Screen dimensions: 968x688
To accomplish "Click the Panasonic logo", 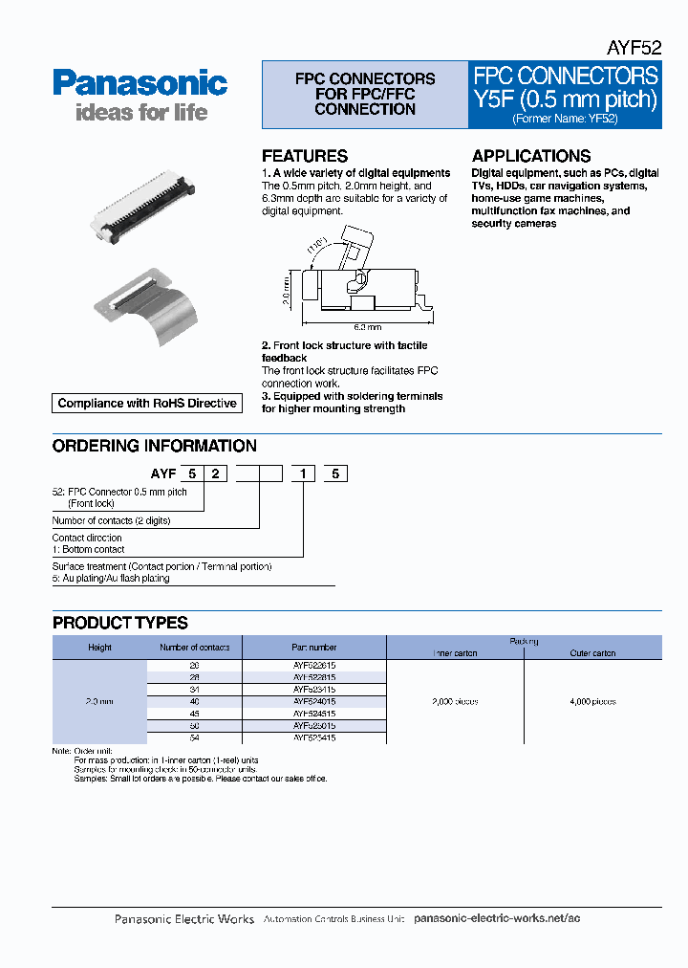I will tap(140, 83).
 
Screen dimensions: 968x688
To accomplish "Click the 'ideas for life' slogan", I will tap(140, 113).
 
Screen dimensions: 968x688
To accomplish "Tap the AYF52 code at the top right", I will tap(634, 49).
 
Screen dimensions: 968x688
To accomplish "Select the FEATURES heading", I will tap(305, 156).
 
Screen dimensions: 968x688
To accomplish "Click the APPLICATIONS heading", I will tap(531, 156).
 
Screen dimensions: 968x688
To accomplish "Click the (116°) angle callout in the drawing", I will tap(318, 245).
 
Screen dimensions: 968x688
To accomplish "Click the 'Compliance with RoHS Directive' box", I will tap(147, 404).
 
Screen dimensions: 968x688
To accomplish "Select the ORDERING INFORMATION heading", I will tap(154, 446).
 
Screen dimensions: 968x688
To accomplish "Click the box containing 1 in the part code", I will tap(304, 473).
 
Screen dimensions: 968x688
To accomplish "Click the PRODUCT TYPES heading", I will tap(120, 623).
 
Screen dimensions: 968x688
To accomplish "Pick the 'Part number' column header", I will tap(314, 648).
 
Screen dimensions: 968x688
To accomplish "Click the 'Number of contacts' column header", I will tap(194, 648).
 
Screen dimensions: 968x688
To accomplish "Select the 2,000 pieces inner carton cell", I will tap(455, 701).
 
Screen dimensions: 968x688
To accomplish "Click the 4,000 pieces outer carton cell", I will tap(592, 701).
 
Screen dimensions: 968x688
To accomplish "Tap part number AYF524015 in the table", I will tap(314, 701).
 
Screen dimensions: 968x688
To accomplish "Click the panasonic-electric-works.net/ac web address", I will tap(497, 918).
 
